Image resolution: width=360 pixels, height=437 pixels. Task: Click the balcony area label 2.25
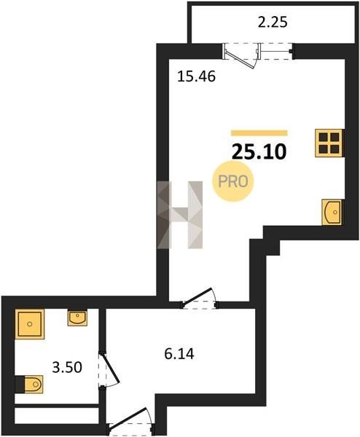(273, 23)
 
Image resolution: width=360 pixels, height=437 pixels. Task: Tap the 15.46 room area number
(196, 76)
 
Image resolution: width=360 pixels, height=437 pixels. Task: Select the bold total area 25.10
(259, 152)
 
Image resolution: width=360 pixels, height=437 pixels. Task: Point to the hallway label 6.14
(179, 354)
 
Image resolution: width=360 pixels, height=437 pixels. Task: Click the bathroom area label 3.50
(67, 367)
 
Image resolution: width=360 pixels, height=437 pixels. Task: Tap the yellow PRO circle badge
(233, 181)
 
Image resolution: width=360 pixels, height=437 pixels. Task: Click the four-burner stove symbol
(329, 143)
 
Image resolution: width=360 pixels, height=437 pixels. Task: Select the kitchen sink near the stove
(332, 212)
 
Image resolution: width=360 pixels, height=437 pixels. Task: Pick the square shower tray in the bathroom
(30, 324)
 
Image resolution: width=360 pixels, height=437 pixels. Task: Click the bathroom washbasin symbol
(77, 318)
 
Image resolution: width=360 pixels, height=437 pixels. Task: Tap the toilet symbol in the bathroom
(34, 385)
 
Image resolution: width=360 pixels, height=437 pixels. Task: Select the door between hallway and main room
(199, 298)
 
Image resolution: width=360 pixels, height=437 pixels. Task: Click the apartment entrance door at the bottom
(130, 422)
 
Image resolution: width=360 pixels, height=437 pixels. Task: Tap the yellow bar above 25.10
(259, 133)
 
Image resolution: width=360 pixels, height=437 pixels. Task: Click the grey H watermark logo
(179, 215)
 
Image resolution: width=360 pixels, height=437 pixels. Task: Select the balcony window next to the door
(275, 51)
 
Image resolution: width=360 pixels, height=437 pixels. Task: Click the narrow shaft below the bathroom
(57, 416)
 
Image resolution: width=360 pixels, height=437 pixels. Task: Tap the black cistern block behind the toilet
(20, 385)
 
